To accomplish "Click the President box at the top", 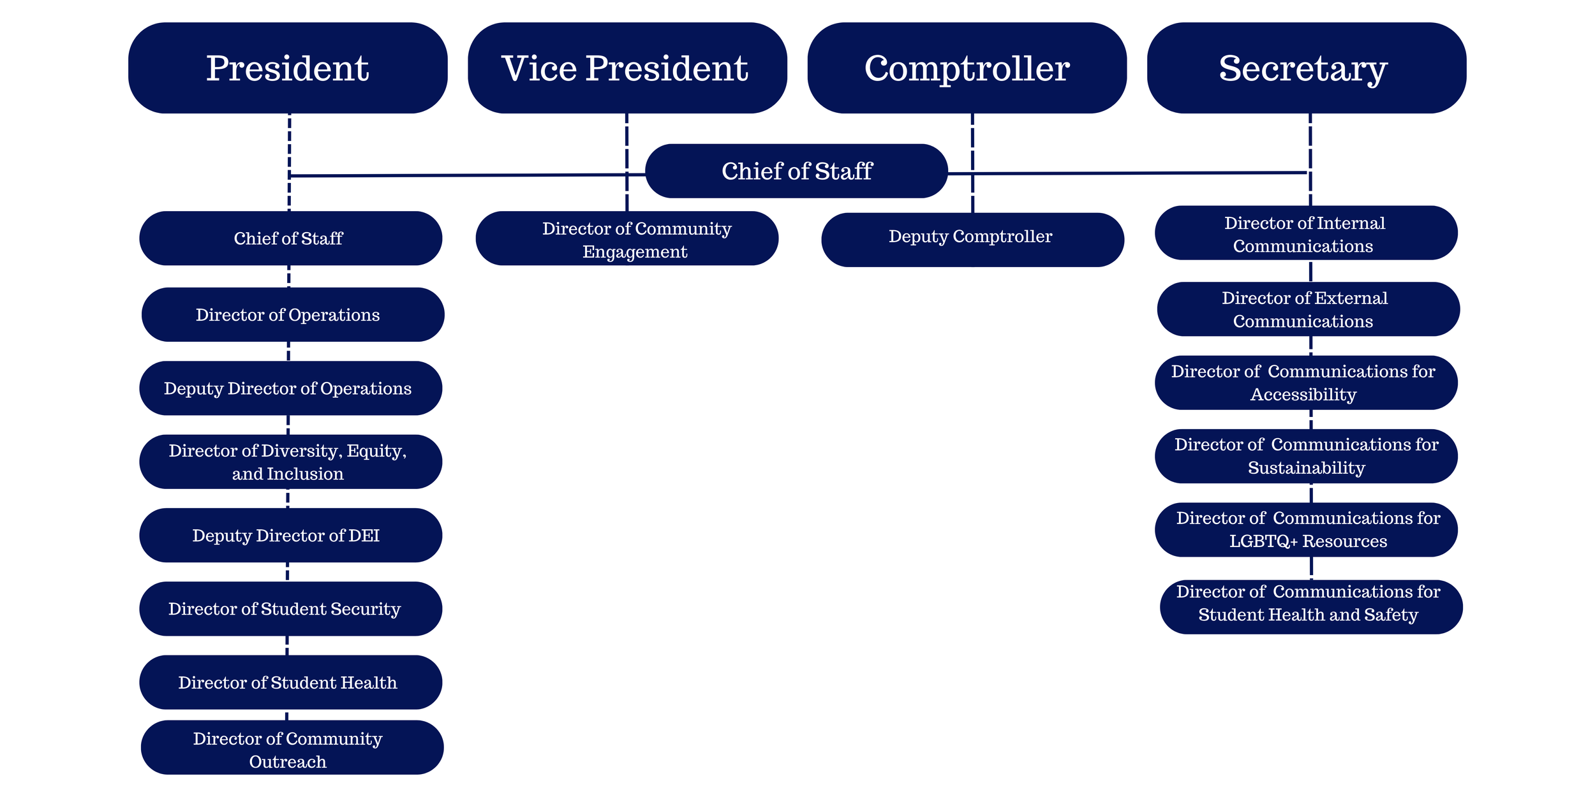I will (x=288, y=68).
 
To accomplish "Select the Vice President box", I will (x=627, y=68).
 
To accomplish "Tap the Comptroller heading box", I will (x=967, y=68).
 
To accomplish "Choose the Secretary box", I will (x=1306, y=68).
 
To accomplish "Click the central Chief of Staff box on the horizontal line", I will (x=796, y=171).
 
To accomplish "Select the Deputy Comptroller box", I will (x=972, y=240).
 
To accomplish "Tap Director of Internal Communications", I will (x=1305, y=233).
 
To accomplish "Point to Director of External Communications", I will (x=1308, y=309).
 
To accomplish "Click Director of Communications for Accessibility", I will (x=1305, y=383).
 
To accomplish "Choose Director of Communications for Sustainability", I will (x=1305, y=456).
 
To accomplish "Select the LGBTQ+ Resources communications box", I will (x=1305, y=529).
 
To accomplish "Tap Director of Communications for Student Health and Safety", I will (x=1310, y=606).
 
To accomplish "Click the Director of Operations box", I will (x=292, y=314).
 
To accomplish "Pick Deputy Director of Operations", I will (x=290, y=388).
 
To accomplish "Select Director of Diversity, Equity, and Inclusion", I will (x=290, y=462).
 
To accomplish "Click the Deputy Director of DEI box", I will (x=290, y=535).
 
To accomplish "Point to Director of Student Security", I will (x=290, y=608).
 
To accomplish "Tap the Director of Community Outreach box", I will (x=292, y=747).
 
